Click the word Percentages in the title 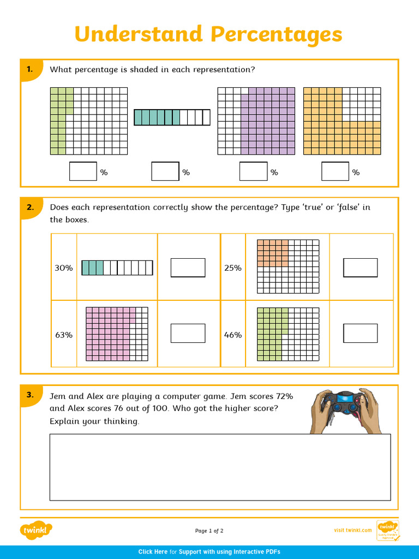click(x=276, y=35)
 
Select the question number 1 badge click(x=30, y=69)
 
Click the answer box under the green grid click(x=83, y=171)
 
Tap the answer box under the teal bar click(x=165, y=171)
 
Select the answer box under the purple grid click(x=253, y=171)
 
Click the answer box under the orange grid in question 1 click(x=335, y=171)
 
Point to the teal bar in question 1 click(x=172, y=117)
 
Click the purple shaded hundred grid click(x=256, y=121)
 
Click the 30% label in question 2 click(x=63, y=268)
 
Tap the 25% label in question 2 click(x=232, y=268)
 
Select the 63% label click(x=63, y=335)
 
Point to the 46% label click(x=232, y=335)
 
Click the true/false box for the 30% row click(x=188, y=268)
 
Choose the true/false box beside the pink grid click(x=188, y=334)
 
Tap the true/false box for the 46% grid click(x=360, y=334)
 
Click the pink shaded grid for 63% click(x=117, y=334)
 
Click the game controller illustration click(x=345, y=411)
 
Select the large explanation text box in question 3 click(x=220, y=467)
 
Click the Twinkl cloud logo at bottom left click(x=37, y=530)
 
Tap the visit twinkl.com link click(x=352, y=531)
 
